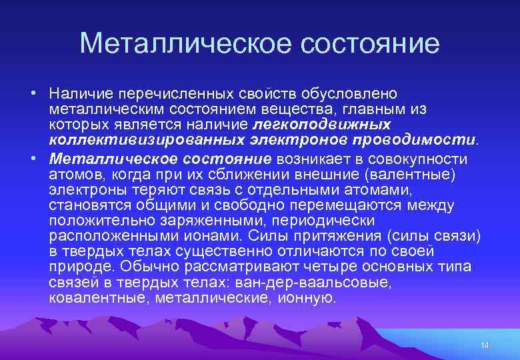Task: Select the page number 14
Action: tap(485, 345)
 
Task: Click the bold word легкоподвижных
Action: tap(321, 125)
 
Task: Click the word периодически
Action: tap(319, 220)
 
